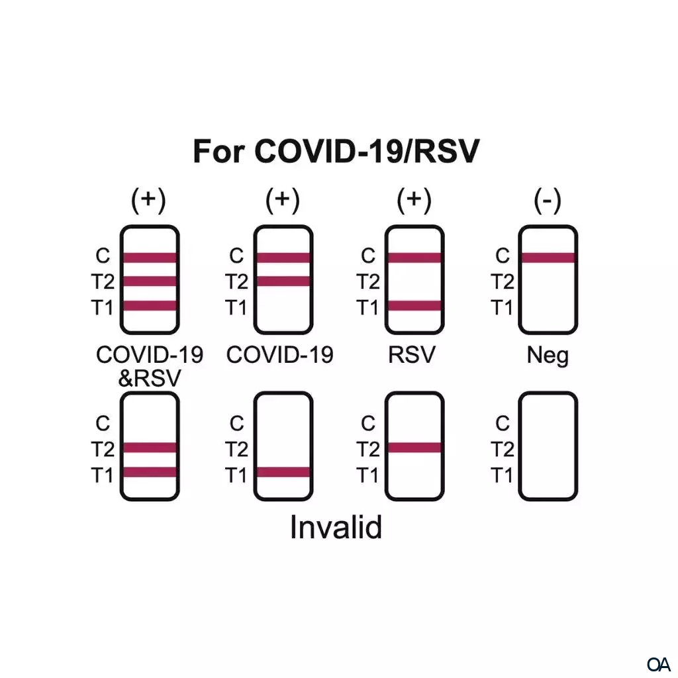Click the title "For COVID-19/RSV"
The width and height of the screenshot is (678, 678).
pos(336,151)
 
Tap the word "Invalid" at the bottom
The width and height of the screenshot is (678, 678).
pos(336,528)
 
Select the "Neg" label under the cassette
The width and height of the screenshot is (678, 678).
pos(548,356)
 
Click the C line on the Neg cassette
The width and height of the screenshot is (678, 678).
pos(548,258)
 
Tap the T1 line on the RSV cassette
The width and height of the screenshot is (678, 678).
pos(414,306)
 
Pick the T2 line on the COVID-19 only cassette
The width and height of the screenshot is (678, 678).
pos(283,281)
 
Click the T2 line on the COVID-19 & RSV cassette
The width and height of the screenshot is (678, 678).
pos(150,281)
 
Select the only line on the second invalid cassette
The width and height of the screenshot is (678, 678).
pos(283,472)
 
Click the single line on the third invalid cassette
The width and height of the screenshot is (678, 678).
pos(414,448)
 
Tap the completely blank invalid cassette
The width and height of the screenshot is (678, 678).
pos(548,446)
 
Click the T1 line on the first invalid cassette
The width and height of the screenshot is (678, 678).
pos(150,472)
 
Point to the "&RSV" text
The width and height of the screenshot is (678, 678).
pos(150,378)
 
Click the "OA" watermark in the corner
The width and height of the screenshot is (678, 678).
pos(659,664)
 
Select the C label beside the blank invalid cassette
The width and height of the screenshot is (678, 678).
pos(503,424)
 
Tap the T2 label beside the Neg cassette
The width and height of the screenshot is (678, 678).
pos(503,283)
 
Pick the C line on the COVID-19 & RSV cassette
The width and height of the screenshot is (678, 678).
pos(150,258)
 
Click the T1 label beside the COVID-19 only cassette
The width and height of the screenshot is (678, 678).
pos(236,308)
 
